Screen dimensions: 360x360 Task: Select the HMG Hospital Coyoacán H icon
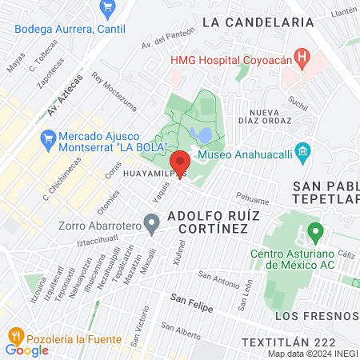(302, 57)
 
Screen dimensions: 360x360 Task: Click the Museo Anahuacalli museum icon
(302, 151)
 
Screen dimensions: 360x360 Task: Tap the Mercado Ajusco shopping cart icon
(48, 140)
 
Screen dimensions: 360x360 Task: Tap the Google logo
(26, 350)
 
